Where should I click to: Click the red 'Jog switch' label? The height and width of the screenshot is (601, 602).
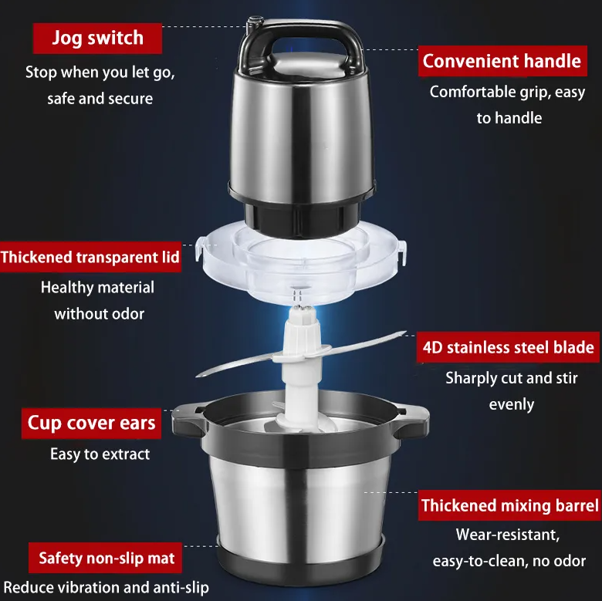click(x=97, y=39)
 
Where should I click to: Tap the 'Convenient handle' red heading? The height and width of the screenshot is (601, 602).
click(x=502, y=61)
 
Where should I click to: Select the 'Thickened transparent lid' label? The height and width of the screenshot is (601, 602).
click(x=90, y=257)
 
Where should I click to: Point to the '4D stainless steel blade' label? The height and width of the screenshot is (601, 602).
click(x=508, y=347)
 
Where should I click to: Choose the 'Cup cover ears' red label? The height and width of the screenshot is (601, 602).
click(x=91, y=424)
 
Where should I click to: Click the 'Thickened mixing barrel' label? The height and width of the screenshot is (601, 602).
click(x=510, y=505)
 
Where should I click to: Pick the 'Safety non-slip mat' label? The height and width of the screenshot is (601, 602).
click(x=105, y=558)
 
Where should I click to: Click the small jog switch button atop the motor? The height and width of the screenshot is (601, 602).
click(x=255, y=22)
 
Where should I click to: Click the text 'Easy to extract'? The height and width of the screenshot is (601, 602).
click(x=100, y=454)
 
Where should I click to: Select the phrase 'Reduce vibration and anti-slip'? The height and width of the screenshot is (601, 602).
click(x=106, y=588)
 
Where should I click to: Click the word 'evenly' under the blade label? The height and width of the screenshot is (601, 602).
click(x=512, y=405)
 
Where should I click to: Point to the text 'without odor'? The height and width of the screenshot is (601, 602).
click(x=99, y=314)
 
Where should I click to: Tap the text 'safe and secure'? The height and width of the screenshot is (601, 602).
click(x=100, y=99)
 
